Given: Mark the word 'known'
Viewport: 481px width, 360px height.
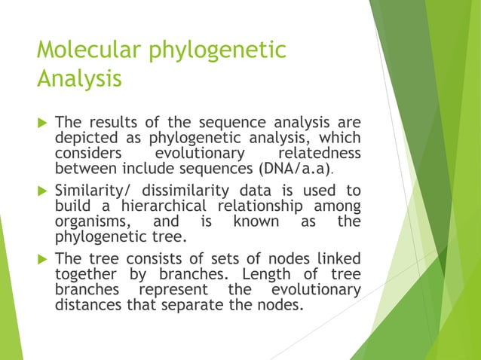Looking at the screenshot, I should tap(255, 221).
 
